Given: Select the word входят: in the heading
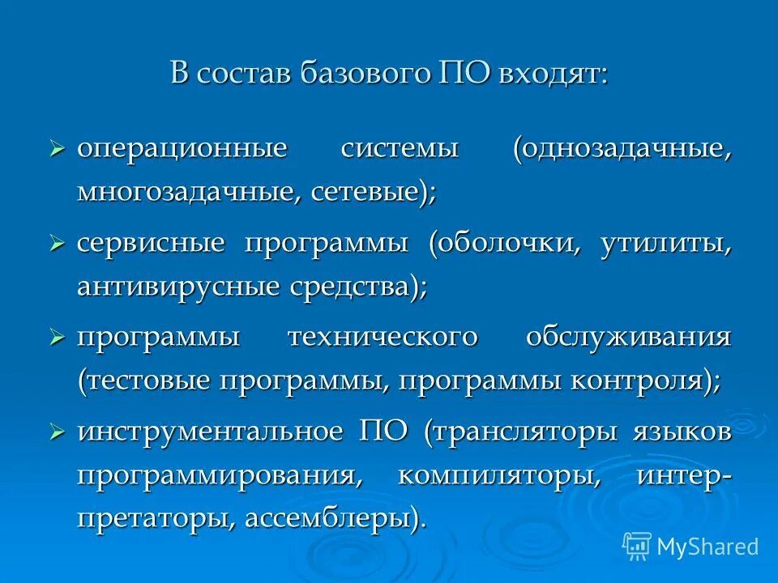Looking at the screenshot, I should pyautogui.click(x=553, y=75).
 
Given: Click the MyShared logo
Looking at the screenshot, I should pyautogui.click(x=690, y=546).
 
